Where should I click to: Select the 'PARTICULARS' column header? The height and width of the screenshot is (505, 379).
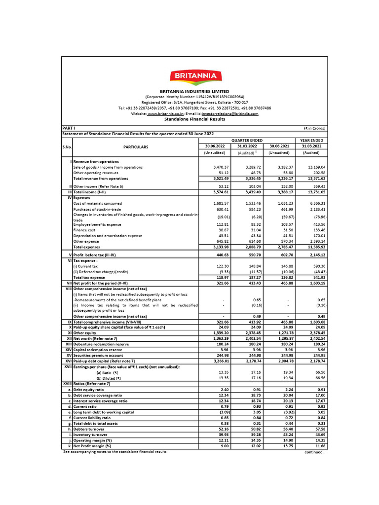135,146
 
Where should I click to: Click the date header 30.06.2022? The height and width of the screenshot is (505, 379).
216,146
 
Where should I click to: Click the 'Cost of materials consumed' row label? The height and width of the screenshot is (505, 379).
99,203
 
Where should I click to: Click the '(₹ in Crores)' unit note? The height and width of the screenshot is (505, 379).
314,128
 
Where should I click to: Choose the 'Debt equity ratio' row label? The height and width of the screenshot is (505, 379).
89,389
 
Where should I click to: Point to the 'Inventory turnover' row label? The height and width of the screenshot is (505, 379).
90,434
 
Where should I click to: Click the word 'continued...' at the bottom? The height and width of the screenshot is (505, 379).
315,452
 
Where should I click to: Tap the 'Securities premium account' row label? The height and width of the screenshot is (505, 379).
98,355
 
